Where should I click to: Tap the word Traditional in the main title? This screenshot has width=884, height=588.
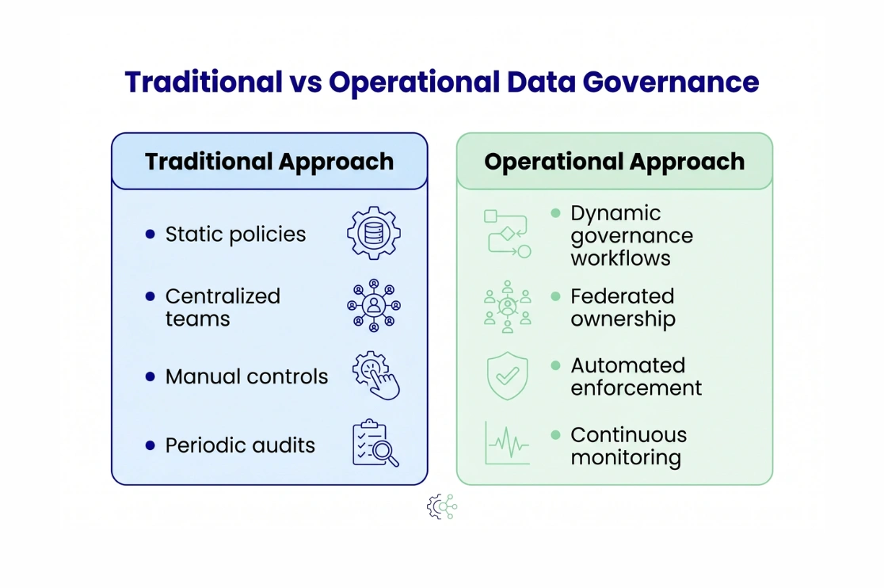click(204, 82)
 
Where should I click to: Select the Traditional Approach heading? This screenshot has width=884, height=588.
click(269, 162)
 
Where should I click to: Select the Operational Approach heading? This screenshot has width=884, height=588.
click(614, 162)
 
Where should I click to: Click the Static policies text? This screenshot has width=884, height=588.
click(235, 235)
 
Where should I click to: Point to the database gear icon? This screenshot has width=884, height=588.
click(374, 233)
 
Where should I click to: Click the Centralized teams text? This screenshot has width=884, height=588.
click(223, 307)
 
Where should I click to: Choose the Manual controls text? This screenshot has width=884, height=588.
click(246, 376)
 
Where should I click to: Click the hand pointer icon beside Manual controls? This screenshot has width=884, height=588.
click(376, 376)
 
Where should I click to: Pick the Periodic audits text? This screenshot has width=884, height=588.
click(240, 445)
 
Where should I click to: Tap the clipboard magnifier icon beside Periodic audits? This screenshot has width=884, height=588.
click(375, 444)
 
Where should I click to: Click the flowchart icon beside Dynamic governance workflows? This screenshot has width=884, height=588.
click(507, 233)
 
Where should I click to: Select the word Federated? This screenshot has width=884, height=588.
click(622, 296)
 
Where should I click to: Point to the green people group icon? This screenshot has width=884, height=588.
click(507, 307)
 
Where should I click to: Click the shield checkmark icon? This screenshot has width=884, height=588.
click(507, 376)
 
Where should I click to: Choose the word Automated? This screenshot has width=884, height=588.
click(627, 365)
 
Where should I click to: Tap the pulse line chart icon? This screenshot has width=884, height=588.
click(507, 443)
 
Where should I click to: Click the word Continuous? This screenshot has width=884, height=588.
click(628, 435)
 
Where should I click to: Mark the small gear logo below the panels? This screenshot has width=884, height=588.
click(441, 506)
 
